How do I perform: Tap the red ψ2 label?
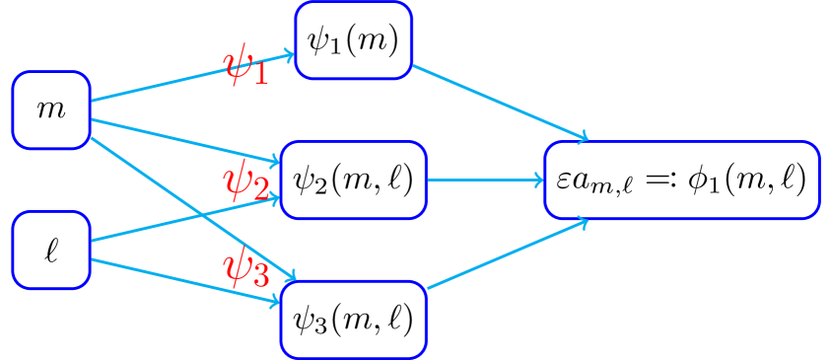[244, 182]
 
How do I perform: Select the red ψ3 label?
[245, 268]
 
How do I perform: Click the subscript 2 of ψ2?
[260, 190]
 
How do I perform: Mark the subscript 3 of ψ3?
[260, 276]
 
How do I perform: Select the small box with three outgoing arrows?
[51, 109]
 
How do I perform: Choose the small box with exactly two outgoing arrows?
[51, 250]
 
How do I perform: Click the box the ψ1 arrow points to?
[353, 39]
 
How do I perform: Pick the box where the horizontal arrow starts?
[353, 180]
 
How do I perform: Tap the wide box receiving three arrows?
[681, 180]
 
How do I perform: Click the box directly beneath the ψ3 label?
[353, 319]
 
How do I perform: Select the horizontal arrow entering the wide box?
[485, 180]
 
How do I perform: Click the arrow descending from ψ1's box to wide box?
[500, 103]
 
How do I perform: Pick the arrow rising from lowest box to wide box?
[508, 254]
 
